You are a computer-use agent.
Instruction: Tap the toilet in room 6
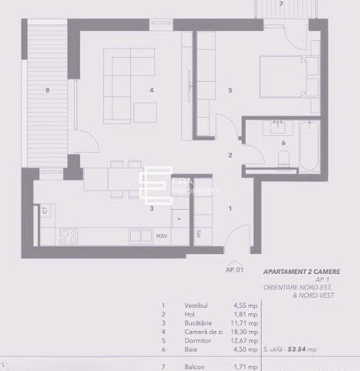(282, 161)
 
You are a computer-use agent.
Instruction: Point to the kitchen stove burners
(70, 236)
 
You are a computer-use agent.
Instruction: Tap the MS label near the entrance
(199, 234)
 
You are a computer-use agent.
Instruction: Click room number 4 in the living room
(150, 89)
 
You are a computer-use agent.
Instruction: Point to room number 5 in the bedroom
(230, 89)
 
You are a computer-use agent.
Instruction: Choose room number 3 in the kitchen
(150, 208)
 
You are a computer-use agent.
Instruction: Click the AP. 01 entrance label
(234, 269)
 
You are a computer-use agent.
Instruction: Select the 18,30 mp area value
(245, 329)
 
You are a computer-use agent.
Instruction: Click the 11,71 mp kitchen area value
(245, 322)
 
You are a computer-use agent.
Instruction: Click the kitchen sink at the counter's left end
(45, 209)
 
